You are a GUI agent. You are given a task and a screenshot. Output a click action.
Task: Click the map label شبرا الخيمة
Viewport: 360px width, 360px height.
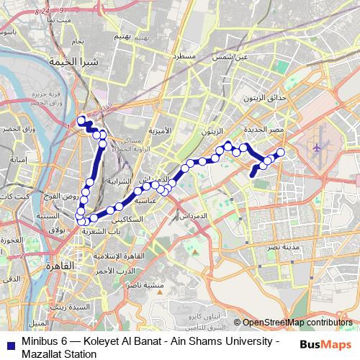(67, 63)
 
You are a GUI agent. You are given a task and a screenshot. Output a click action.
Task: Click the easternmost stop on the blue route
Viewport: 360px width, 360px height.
(280, 152)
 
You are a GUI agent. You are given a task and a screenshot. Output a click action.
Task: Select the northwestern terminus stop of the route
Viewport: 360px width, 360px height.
(81, 120)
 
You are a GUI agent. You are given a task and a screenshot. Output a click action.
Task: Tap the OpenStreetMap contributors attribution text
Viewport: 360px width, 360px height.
(297, 323)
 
